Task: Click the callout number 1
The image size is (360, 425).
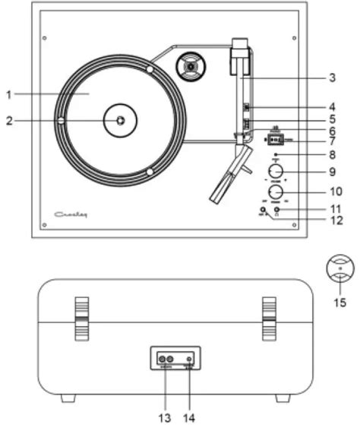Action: point(8,94)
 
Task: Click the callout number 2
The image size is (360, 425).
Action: point(8,120)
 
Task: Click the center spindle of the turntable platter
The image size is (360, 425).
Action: point(120,120)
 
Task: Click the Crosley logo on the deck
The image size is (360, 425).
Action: point(72,215)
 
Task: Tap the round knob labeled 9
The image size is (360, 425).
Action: point(276,170)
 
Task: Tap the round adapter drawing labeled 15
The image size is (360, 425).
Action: point(339,270)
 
